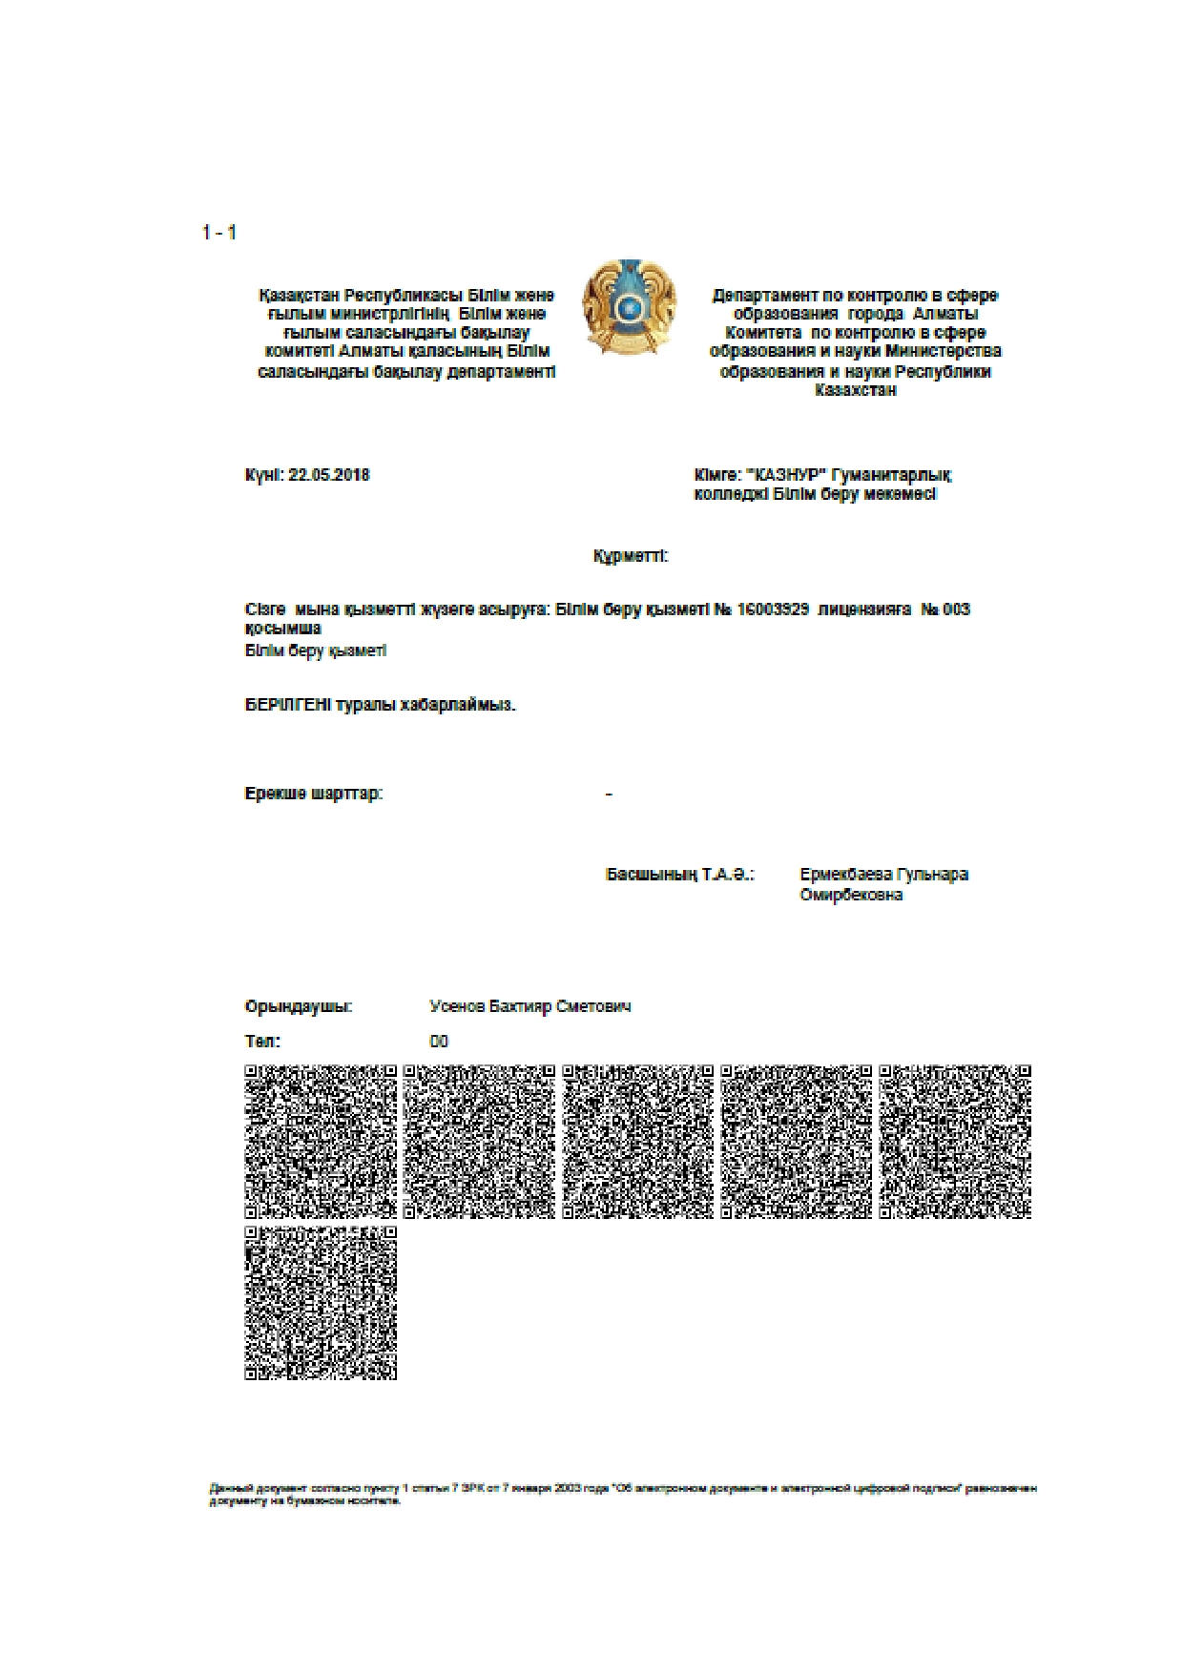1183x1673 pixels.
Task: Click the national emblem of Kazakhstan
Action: tap(630, 307)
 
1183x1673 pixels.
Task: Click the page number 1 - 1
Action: tap(219, 233)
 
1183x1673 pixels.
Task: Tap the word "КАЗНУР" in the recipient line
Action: tap(787, 475)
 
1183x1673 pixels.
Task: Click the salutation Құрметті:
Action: tap(631, 556)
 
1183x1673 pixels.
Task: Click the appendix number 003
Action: tap(956, 609)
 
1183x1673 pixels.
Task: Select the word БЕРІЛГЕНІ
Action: tap(288, 706)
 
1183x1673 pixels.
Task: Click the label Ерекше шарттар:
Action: tap(314, 794)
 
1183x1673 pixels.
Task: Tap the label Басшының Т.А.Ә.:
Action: tap(680, 875)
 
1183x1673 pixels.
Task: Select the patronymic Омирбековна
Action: tap(851, 895)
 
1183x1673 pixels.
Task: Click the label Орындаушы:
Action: tap(299, 1006)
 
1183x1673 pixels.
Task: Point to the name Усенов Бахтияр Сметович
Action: tap(530, 1006)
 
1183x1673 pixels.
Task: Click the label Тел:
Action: tap(262, 1042)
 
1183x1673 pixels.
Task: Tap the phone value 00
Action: tap(439, 1042)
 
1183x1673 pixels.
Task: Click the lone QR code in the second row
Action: tap(321, 1303)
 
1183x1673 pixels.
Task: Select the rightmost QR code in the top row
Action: tap(955, 1142)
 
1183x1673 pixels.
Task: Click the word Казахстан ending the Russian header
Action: tap(856, 390)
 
